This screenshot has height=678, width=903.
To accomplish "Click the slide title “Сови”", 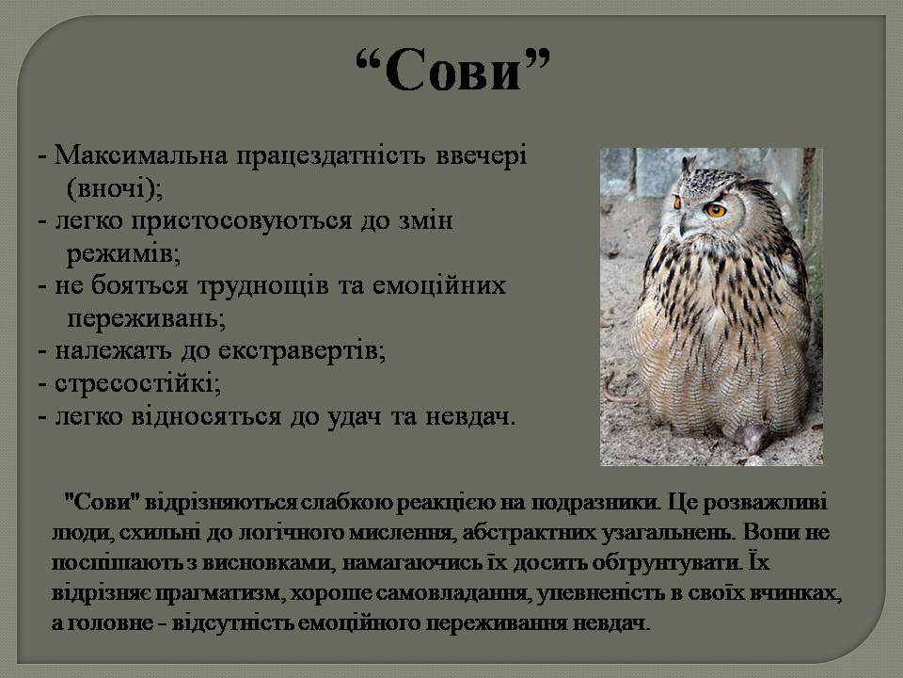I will [x=451, y=71].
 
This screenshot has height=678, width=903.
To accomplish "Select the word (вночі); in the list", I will [x=115, y=186].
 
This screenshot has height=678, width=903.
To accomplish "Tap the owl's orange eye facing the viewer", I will [x=716, y=209].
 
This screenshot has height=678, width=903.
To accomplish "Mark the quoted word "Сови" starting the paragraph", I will [x=95, y=502].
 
